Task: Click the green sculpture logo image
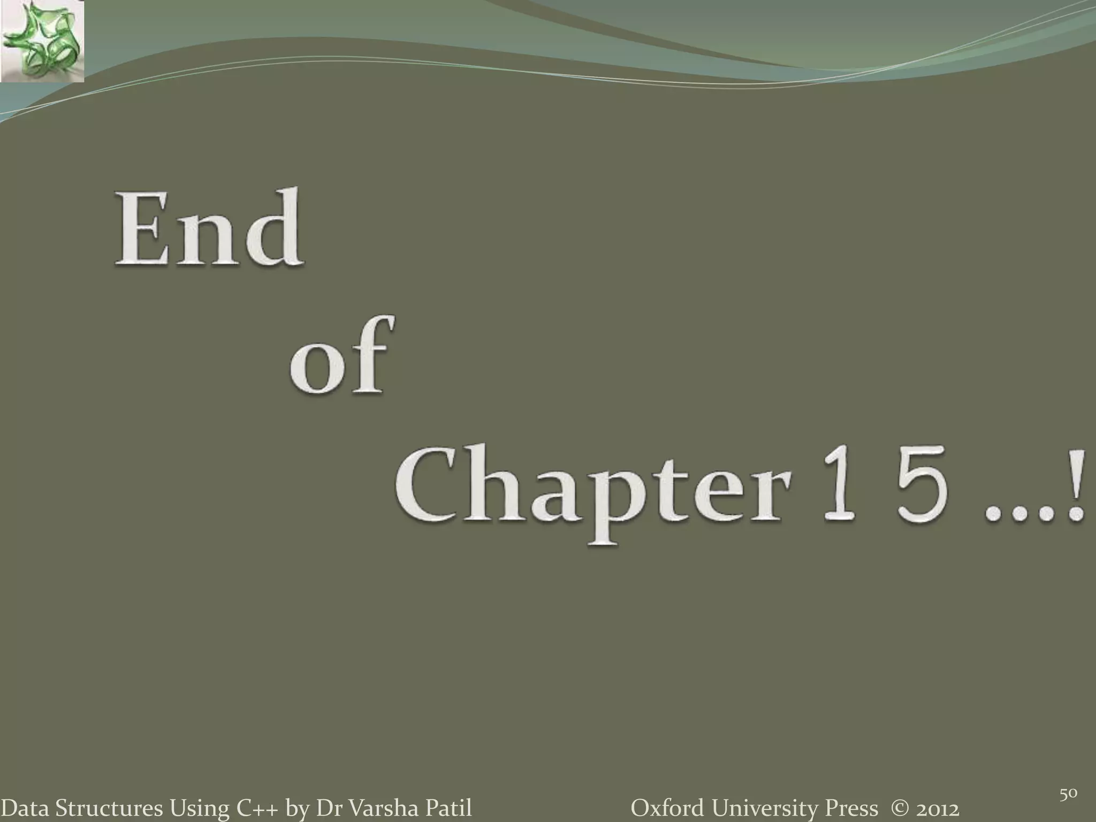point(42,41)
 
